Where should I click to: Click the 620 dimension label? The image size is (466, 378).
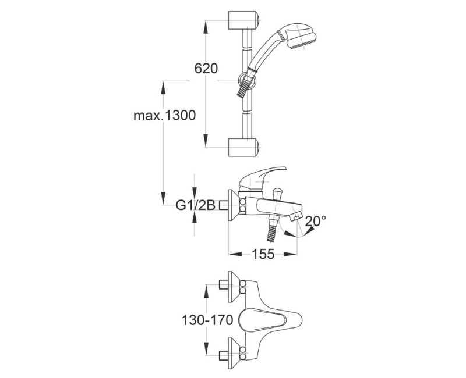206,69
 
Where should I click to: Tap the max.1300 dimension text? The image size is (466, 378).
165,115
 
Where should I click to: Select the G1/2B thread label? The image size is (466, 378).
195,205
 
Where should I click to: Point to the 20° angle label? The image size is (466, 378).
315,221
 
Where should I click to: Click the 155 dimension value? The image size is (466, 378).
263,254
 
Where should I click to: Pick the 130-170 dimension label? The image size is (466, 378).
207,320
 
